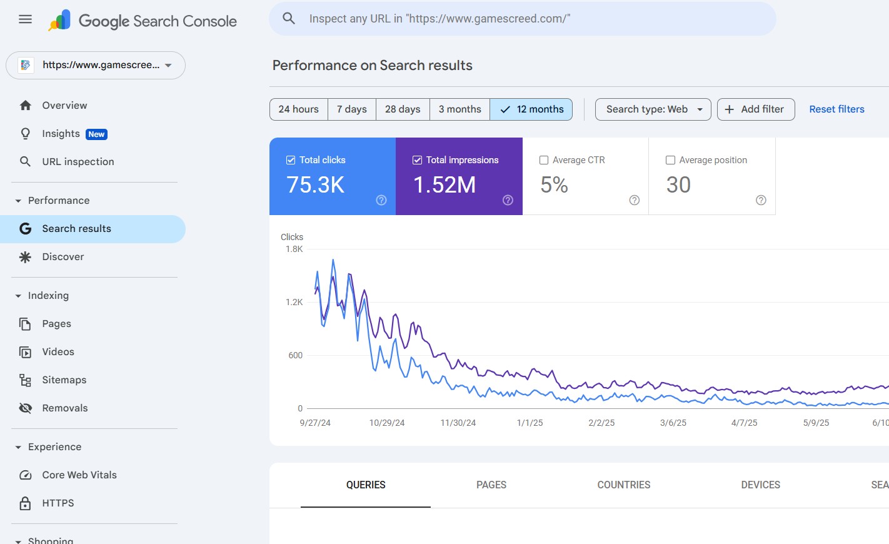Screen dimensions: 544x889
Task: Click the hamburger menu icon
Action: click(25, 19)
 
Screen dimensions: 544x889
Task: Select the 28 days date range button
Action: click(403, 109)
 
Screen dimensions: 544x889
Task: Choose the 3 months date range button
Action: click(460, 109)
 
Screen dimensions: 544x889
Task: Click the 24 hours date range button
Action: click(298, 109)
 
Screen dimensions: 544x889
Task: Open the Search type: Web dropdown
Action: click(653, 109)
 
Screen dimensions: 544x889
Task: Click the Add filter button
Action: click(755, 109)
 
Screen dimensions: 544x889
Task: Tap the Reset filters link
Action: click(836, 109)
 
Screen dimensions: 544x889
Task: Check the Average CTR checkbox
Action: click(544, 160)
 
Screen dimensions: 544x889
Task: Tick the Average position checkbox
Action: click(670, 160)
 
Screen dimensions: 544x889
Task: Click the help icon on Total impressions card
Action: click(508, 200)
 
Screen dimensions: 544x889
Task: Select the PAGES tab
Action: click(491, 485)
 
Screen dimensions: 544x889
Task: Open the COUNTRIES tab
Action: click(623, 485)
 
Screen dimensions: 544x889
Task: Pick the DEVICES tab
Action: click(760, 485)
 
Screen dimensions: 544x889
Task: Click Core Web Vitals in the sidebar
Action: click(79, 475)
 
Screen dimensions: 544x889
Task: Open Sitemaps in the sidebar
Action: click(64, 380)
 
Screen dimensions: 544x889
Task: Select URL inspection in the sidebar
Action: click(78, 162)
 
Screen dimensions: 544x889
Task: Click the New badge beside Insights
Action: click(96, 134)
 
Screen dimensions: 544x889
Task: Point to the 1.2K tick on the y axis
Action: click(294, 302)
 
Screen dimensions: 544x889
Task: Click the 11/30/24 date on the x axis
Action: click(458, 423)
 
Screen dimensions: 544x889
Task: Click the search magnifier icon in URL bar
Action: click(289, 19)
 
